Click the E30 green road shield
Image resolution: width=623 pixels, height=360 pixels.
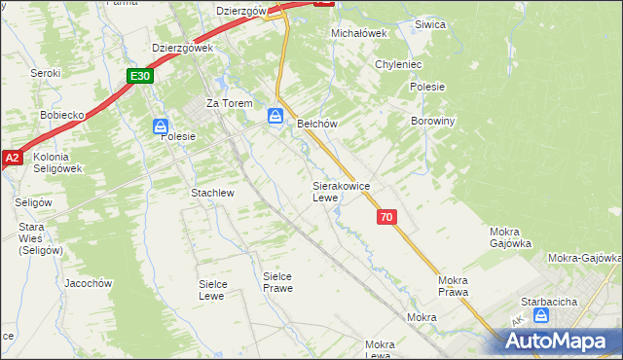(x=140, y=76)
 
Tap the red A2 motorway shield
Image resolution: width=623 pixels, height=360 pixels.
(x=12, y=158)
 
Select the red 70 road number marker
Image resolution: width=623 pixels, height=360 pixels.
(x=387, y=218)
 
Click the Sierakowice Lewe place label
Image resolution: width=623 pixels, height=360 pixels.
(x=339, y=191)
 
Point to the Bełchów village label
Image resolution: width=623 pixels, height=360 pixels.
(x=316, y=124)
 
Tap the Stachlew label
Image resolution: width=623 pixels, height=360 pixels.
(x=212, y=193)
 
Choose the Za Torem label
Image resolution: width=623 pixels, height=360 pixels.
(x=229, y=103)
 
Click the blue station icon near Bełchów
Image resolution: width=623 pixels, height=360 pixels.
(x=276, y=117)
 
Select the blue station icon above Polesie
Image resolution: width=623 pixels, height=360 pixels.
(x=162, y=126)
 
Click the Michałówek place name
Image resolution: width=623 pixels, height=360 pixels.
(x=359, y=32)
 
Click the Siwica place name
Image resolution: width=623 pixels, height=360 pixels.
(x=429, y=24)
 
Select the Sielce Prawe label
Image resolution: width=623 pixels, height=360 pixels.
(x=277, y=282)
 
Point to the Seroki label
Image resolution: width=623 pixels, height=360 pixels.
(x=45, y=73)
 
